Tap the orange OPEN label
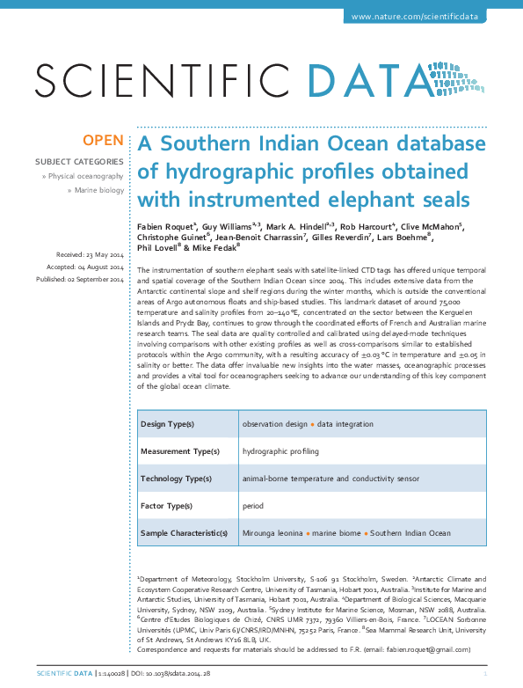(103, 141)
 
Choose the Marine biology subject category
(99, 189)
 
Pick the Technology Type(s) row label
(176, 479)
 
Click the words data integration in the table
(345, 424)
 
